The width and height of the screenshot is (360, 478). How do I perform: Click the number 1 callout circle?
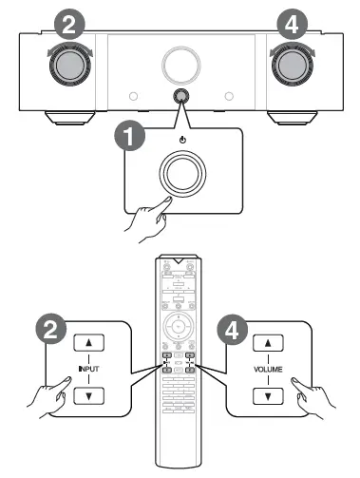131,135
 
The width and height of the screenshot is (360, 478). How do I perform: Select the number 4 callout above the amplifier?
294,25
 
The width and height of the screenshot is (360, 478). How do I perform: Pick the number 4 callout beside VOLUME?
231,331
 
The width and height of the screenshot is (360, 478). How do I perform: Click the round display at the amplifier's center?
180,63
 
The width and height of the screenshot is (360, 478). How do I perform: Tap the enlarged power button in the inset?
180,173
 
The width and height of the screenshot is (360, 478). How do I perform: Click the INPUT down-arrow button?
89,395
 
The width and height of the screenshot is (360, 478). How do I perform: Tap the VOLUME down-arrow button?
269,395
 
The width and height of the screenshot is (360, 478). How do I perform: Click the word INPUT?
89,369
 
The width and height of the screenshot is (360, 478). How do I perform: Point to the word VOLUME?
269,369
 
